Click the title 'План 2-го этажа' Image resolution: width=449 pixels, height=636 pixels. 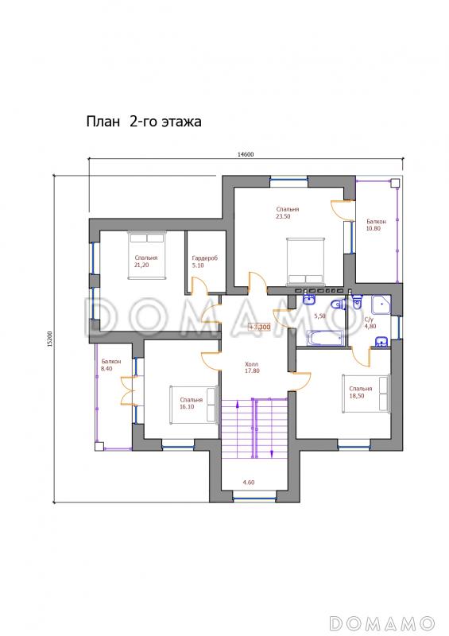tap(144, 122)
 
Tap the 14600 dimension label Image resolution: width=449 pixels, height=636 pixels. tap(246, 154)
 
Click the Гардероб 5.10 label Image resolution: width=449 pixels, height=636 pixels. tap(205, 262)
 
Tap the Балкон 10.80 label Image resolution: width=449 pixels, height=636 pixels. tap(376, 225)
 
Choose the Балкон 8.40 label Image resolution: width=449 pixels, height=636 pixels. tap(111, 365)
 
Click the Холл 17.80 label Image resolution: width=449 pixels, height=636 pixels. tap(252, 367)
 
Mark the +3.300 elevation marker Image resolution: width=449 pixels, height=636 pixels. tap(260, 327)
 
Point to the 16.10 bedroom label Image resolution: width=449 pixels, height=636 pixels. tap(191, 403)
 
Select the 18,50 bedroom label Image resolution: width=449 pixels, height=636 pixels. tap(360, 392)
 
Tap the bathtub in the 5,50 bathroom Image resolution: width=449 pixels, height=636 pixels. tap(325, 338)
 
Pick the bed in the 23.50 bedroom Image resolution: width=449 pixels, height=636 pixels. tap(306, 261)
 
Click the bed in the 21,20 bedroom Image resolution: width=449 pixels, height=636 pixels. tap(147, 255)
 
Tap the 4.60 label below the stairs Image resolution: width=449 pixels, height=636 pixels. tap(249, 483)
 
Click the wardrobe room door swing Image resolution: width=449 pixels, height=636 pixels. tap(199, 283)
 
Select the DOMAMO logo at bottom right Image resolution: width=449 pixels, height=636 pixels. tap(381, 623)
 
